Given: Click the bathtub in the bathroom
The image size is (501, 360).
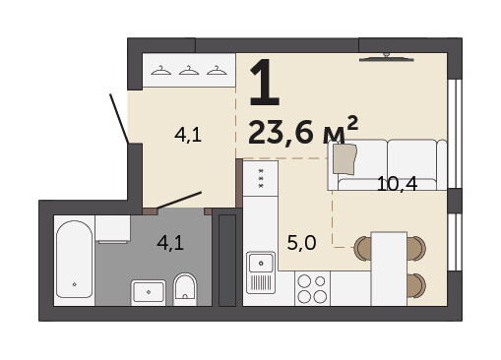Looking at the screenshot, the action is (75, 259).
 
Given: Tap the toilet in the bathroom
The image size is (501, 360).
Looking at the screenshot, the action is (185, 288).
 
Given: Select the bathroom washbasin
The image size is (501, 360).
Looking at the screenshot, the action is (149, 292).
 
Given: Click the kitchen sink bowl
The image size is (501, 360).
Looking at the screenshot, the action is (261, 263).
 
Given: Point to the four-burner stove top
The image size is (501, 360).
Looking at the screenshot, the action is (312, 288).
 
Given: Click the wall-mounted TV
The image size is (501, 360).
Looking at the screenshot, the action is (387, 58).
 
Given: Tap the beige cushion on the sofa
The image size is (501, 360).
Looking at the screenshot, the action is (344, 159).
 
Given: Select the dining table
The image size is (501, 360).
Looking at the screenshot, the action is (389, 269).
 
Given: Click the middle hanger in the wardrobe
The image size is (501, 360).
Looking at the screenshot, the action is (189, 71).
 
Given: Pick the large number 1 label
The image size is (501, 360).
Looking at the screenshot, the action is (265, 83).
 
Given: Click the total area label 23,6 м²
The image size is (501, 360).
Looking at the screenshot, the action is (303, 131).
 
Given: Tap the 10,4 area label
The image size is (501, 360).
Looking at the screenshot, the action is (397, 184).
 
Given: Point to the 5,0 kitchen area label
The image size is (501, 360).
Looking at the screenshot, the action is (301, 243).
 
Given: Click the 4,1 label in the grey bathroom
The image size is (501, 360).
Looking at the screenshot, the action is (170, 243).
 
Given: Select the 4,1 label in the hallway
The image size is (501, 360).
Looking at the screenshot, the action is (188, 135).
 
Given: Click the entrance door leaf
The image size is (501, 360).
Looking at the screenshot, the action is (119, 119).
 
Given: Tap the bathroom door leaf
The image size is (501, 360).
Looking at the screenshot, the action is (179, 200).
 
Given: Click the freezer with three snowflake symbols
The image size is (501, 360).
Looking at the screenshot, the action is (261, 178).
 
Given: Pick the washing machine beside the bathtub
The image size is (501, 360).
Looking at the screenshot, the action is (112, 229).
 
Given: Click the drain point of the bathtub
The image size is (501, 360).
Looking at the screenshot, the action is (75, 284).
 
